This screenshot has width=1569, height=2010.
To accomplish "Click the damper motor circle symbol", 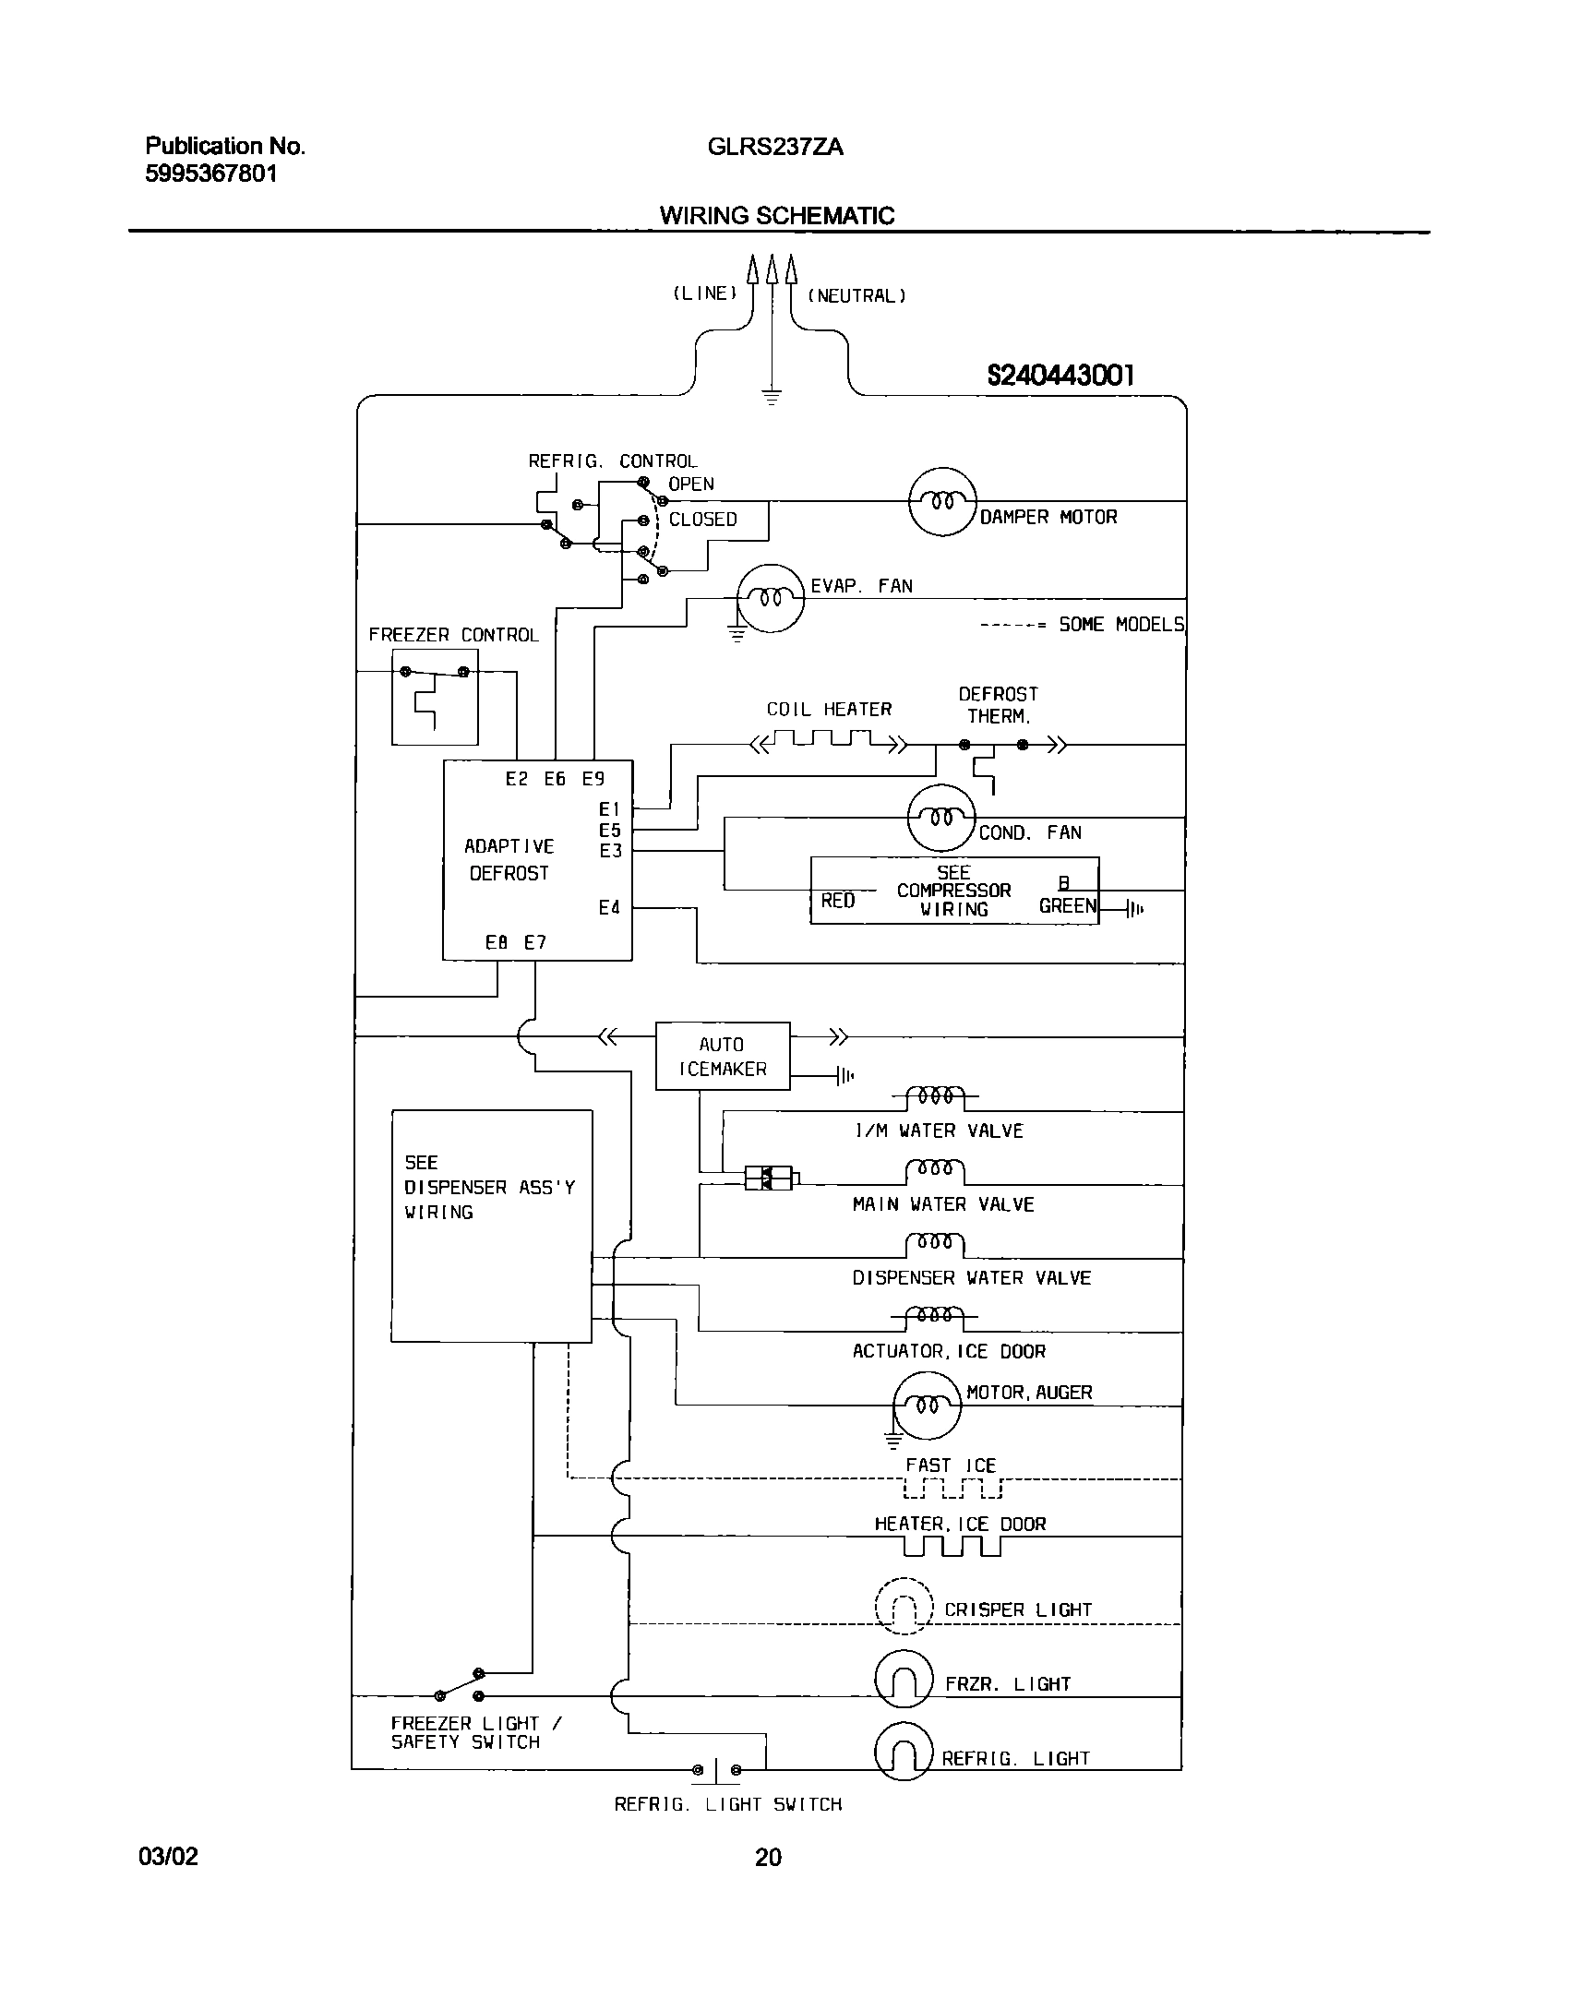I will coord(941,502).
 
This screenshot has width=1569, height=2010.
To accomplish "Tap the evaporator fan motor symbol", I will coord(770,599).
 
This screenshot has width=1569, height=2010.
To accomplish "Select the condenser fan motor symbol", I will coord(940,818).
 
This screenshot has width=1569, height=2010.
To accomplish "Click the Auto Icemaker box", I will coord(722,1056).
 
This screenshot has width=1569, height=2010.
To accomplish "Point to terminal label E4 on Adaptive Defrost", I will coord(609,908).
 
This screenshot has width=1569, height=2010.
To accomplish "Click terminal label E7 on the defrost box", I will coord(535,942).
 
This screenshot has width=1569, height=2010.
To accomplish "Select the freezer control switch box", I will coord(435,697).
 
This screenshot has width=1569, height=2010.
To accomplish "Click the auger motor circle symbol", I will coord(927,1406).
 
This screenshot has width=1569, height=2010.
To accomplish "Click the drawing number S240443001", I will coord(1060,375).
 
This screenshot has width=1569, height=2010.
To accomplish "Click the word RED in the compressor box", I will coord(837,901).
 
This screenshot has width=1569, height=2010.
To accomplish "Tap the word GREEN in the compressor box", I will coord(1068,906).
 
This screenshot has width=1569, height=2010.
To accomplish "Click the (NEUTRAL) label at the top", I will coord(856,296).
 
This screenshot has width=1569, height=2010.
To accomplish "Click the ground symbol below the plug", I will coord(772,398).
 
